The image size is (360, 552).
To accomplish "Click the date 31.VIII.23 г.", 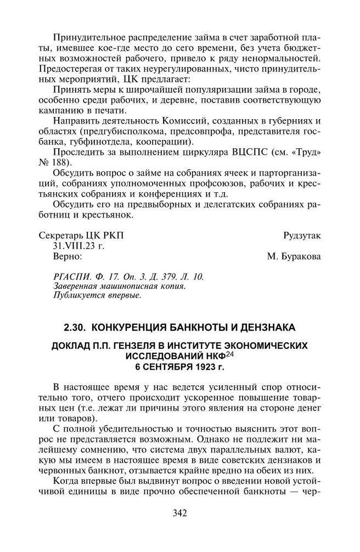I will click(x=78, y=246).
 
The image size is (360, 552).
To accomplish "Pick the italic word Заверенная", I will click(x=75, y=286).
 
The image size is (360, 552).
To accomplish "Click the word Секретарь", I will click(x=61, y=236).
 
